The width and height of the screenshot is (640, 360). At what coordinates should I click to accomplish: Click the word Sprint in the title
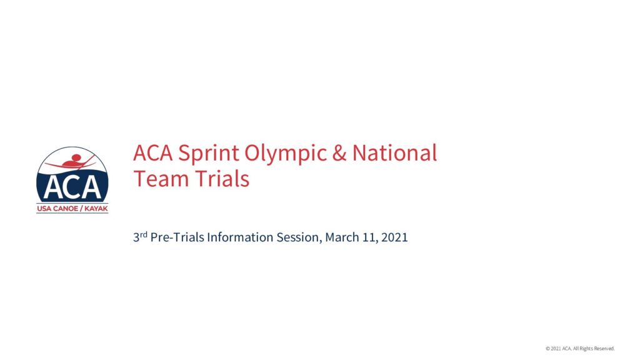[209, 154]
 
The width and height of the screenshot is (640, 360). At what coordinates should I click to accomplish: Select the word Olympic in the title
[286, 154]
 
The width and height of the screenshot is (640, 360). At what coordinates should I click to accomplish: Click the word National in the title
[394, 152]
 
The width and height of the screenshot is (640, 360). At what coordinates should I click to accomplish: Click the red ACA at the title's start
[153, 153]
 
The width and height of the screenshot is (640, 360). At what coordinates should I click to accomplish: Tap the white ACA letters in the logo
[72, 187]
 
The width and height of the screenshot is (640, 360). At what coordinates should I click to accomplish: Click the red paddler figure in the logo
[74, 161]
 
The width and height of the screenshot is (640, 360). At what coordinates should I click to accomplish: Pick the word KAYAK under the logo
[96, 209]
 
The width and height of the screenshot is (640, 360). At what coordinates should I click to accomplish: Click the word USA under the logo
[44, 209]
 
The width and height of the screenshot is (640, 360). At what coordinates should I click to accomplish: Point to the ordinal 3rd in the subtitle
[140, 237]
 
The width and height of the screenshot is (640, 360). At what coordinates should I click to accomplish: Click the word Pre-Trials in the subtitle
[177, 237]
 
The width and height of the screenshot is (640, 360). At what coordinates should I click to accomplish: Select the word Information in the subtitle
[240, 237]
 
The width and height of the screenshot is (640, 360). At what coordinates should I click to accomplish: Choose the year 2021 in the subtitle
[394, 237]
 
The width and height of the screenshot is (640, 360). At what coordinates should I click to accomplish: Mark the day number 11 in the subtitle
[370, 237]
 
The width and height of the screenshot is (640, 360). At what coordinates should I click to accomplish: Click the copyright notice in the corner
[580, 348]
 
